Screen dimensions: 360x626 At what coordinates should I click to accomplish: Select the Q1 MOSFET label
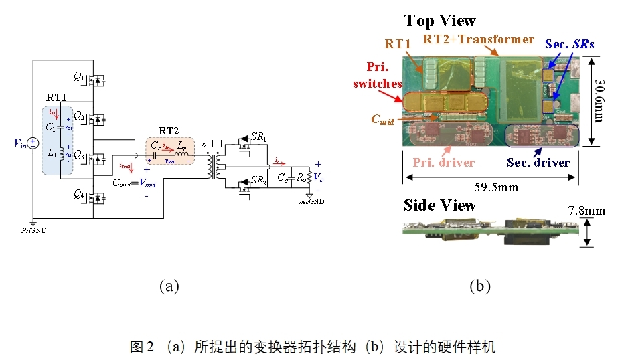point(80,77)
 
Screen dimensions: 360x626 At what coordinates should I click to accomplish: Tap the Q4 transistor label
point(80,194)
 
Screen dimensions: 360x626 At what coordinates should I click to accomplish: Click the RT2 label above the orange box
point(169,130)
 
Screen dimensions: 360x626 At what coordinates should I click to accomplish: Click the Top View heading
point(440,21)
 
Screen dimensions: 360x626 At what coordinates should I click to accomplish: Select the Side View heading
point(440,205)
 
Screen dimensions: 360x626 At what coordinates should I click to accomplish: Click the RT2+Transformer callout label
point(479,39)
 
